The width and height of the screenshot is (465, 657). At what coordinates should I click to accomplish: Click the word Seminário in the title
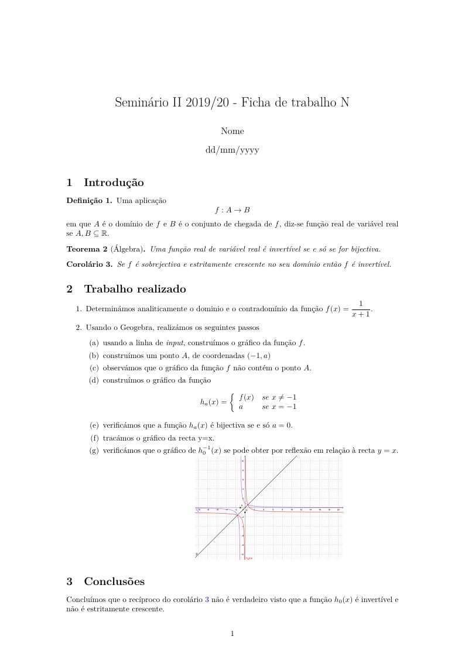click(141, 103)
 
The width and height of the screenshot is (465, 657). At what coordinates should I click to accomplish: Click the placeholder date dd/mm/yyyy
click(232, 150)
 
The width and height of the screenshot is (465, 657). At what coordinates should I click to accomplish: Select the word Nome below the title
click(232, 131)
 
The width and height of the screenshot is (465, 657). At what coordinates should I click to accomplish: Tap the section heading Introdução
click(114, 183)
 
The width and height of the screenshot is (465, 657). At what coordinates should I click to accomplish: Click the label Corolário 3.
click(90, 264)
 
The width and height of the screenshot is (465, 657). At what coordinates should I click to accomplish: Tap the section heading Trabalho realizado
click(135, 289)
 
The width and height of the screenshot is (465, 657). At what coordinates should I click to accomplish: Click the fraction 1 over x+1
click(361, 309)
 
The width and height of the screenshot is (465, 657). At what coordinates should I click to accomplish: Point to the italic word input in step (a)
click(175, 343)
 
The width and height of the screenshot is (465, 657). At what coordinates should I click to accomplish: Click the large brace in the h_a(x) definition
click(232, 402)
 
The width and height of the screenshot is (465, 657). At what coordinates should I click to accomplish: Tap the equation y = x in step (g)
click(387, 451)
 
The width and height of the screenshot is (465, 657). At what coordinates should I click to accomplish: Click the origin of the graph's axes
click(245, 508)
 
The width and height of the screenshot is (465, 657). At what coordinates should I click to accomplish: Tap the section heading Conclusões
click(114, 582)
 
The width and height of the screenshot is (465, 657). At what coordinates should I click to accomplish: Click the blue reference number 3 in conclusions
click(206, 600)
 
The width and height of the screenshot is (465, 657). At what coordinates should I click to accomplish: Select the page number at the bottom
click(232, 634)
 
